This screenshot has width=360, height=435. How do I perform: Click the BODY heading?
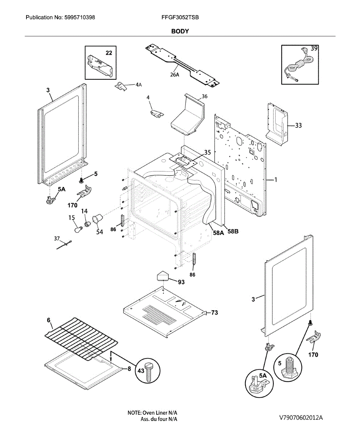click(180, 31)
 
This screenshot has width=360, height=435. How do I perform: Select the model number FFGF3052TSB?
click(180, 17)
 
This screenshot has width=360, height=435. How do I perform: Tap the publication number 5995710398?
click(80, 17)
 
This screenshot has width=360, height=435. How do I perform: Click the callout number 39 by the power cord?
click(314, 48)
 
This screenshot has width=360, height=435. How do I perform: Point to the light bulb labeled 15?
click(78, 229)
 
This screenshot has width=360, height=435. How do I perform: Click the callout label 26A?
click(175, 75)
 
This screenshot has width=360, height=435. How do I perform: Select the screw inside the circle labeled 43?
click(149, 373)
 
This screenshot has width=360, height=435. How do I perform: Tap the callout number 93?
click(181, 282)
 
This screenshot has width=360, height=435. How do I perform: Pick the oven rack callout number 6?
click(49, 320)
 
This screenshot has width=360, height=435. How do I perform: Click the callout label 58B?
click(233, 231)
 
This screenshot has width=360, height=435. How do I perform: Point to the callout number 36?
click(205, 96)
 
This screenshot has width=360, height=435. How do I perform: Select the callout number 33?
click(298, 125)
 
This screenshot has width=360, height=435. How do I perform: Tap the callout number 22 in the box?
click(109, 53)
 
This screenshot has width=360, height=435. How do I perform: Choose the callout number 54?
click(100, 232)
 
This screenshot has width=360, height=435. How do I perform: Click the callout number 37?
click(57, 239)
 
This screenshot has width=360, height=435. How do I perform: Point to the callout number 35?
click(208, 153)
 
